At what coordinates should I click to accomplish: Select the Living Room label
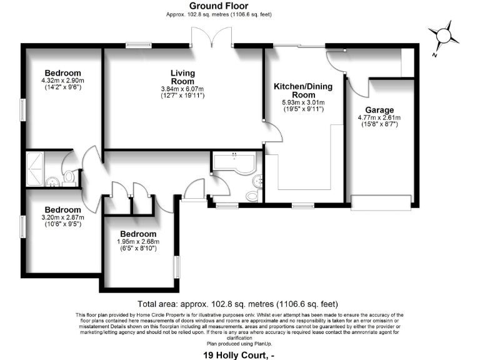pyautogui.click(x=182, y=77)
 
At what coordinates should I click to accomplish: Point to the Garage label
pyautogui.click(x=379, y=110)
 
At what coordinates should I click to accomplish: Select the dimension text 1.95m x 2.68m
pyautogui.click(x=138, y=242)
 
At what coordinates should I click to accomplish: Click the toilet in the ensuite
pyautogui.click(x=69, y=177)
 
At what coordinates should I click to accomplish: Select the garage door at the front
pyautogui.click(x=381, y=202)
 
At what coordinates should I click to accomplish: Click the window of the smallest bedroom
pyautogui.click(x=177, y=266)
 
